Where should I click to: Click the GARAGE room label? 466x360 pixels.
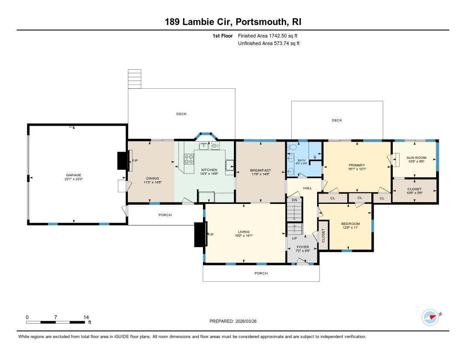pos(73,175)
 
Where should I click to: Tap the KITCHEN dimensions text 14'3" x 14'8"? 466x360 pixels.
pos(210,174)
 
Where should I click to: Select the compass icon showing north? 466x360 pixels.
pos(430,317)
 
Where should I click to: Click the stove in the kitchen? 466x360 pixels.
pos(189,159)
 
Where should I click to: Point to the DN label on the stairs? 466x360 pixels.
pos(294,200)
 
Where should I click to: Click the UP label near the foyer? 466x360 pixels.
pos(294,238)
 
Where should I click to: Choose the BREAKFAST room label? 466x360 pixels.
pos(260,170)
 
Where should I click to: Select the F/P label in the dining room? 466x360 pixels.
pos(135,161)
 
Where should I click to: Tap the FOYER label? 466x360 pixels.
pos(303,247)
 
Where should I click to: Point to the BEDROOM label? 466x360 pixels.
pos(350,223)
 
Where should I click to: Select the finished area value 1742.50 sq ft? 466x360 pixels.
pos(268,35)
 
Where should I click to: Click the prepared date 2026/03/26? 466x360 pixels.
pos(249,321)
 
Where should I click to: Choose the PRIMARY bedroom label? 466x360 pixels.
pos(357,165)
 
